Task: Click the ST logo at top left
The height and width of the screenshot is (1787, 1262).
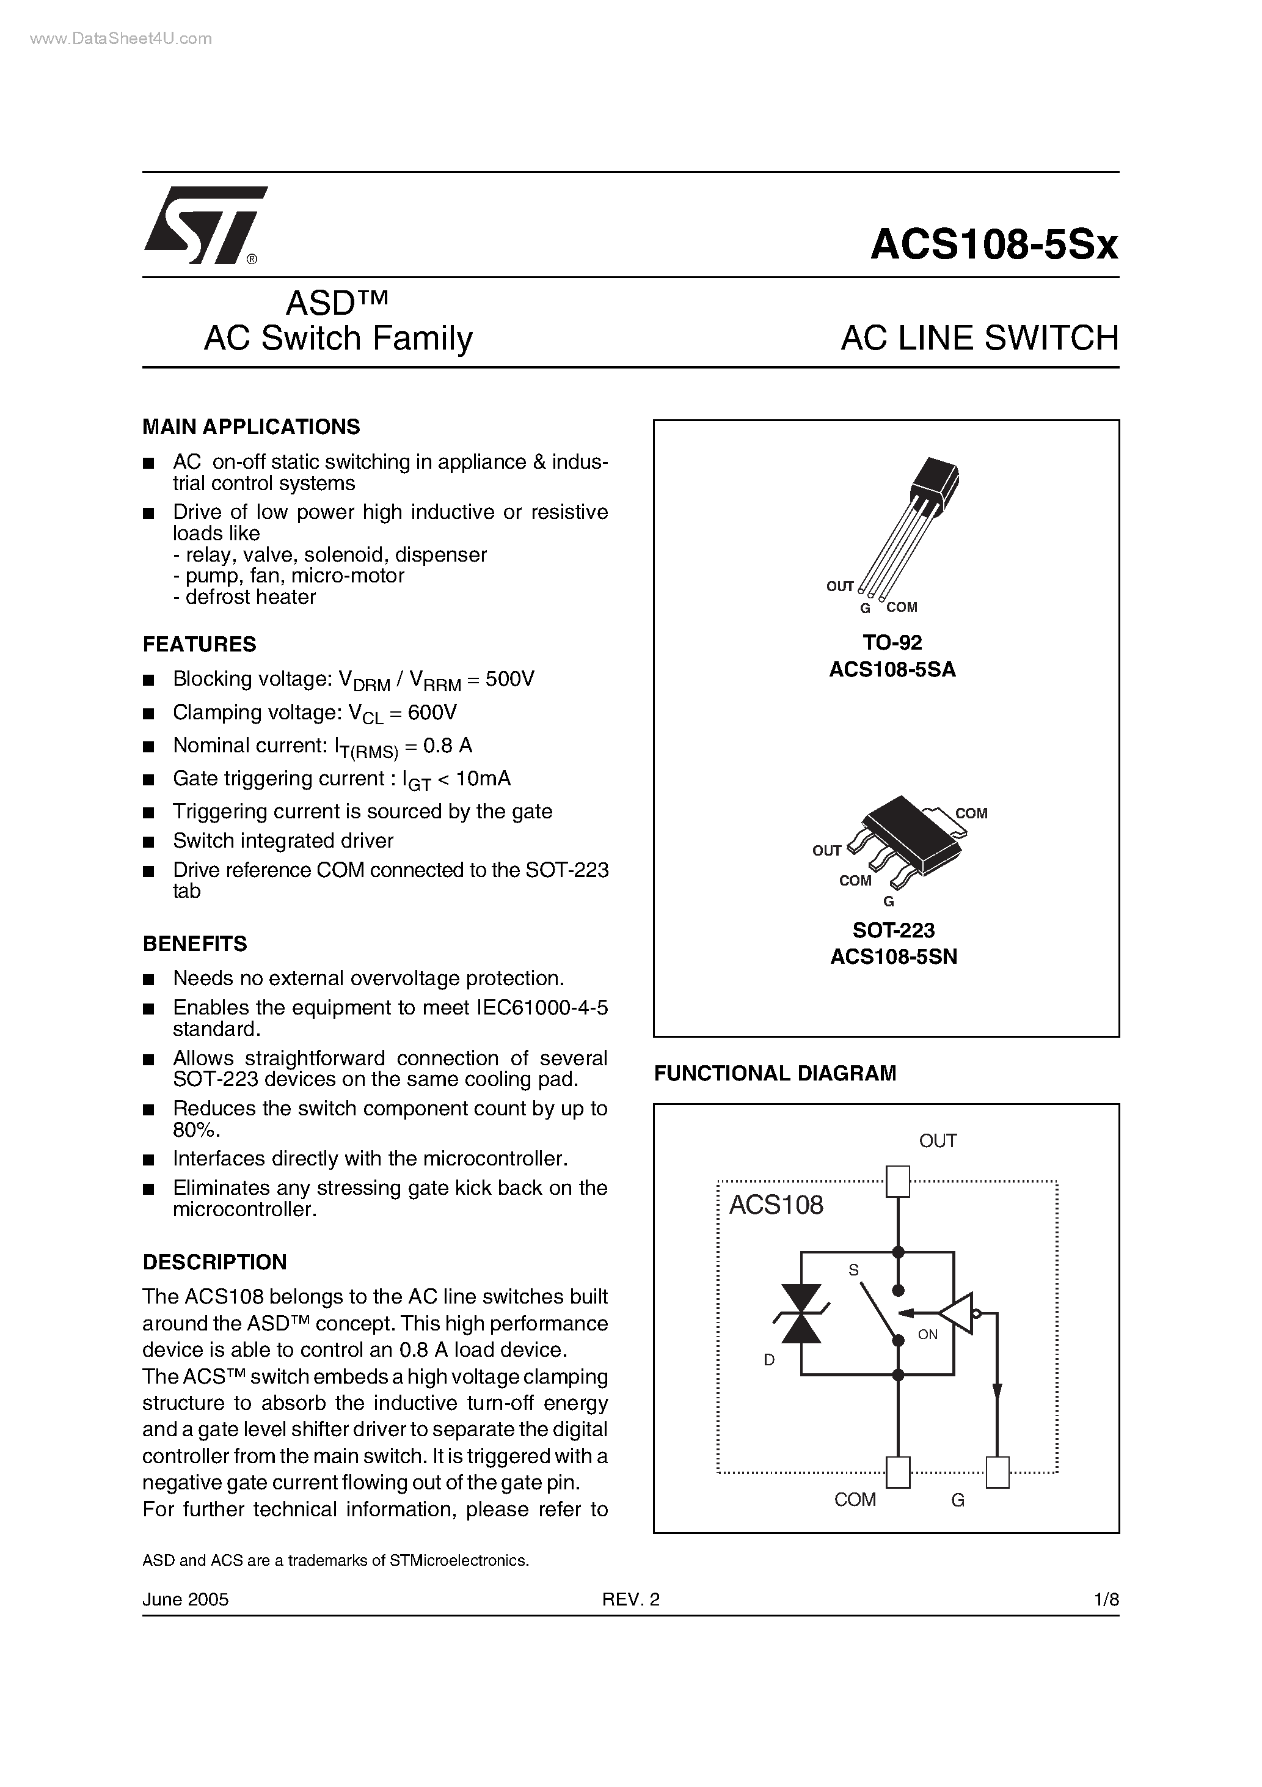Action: point(204,226)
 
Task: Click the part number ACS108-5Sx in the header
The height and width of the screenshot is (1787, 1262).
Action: point(994,244)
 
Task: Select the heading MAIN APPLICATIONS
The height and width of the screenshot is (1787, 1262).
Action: point(251,427)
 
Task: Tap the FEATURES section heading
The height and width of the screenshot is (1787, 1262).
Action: point(199,644)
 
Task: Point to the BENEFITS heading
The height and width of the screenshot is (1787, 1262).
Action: point(194,944)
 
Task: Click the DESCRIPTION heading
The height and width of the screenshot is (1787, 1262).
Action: point(215,1261)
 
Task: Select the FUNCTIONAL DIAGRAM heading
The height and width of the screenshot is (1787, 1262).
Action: point(775,1073)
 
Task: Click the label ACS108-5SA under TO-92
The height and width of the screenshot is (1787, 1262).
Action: point(892,669)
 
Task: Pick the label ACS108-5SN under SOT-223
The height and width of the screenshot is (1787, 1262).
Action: point(893,956)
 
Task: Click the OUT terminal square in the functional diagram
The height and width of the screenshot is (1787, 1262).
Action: point(898,1181)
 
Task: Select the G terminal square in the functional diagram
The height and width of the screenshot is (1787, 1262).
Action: point(997,1472)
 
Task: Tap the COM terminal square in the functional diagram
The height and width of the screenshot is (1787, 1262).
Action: point(898,1472)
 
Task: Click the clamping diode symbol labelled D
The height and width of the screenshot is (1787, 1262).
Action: point(801,1314)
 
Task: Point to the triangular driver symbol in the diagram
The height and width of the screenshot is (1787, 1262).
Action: point(957,1314)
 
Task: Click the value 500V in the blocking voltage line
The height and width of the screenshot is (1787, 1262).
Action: point(509,680)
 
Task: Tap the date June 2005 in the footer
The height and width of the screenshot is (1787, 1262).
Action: point(185,1599)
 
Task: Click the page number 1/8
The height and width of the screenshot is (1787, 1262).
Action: point(1106,1599)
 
